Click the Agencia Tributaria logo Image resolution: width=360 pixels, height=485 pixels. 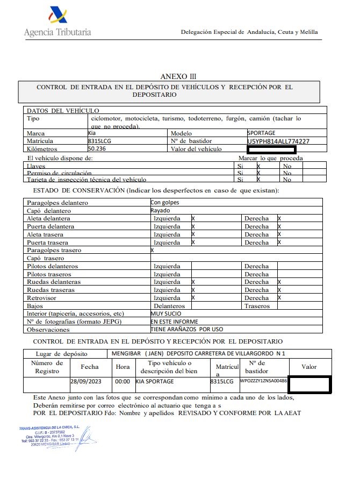(x=57, y=23)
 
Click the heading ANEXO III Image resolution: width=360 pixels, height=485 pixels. (x=175, y=76)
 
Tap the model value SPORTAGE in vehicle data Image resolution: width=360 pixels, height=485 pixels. (x=261, y=132)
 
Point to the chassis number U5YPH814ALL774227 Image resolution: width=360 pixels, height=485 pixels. (x=278, y=141)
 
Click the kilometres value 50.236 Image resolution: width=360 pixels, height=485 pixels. (x=97, y=148)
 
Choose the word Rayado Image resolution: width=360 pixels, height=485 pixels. (x=160, y=211)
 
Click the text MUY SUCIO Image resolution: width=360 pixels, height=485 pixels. (x=165, y=313)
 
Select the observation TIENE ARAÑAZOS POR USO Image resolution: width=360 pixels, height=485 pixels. (x=186, y=329)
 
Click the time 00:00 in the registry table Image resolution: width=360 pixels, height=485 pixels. (x=123, y=381)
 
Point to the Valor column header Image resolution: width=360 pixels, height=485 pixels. (x=309, y=367)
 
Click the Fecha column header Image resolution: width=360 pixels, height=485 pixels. (x=89, y=367)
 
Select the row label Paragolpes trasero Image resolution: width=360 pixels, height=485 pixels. (x=54, y=251)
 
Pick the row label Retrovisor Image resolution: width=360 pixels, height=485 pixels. (x=42, y=298)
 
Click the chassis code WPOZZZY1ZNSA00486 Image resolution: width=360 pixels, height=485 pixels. (x=264, y=381)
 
